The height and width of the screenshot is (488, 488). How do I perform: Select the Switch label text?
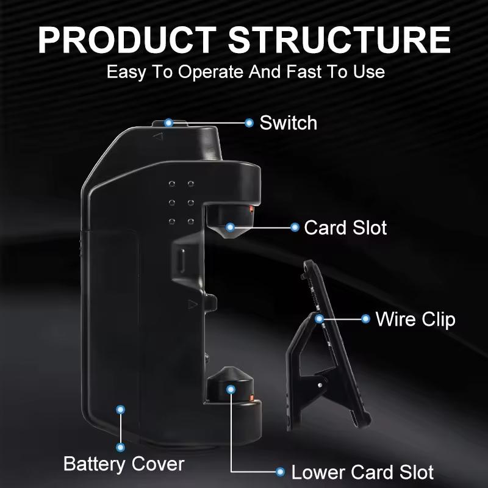coord(288,123)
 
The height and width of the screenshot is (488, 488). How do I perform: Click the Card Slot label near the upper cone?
coord(345,228)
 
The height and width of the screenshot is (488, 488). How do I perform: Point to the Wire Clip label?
coord(415,318)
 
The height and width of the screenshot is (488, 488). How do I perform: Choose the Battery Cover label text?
coord(124,464)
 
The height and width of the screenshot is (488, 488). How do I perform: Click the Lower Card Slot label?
coord(362,472)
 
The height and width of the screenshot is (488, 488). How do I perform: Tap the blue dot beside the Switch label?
coord(249,123)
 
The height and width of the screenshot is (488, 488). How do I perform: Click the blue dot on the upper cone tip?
coord(230,228)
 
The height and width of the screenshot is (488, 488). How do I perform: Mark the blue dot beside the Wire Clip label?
coord(365,318)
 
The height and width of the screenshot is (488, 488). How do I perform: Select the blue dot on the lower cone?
coord(231,389)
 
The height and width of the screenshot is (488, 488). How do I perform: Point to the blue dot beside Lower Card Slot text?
coord(280,472)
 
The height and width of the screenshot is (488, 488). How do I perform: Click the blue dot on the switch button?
coord(169,123)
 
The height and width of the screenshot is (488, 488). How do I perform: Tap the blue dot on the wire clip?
coord(319,318)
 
